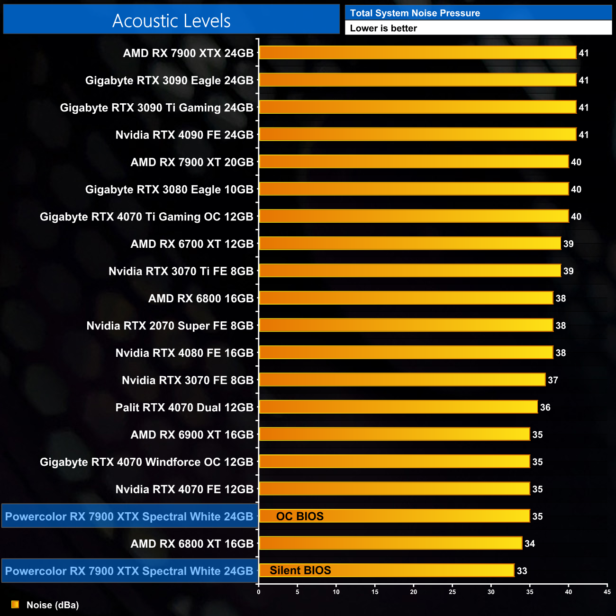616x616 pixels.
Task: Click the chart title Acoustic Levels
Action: point(171,21)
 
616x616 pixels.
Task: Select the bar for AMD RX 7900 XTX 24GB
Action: point(417,53)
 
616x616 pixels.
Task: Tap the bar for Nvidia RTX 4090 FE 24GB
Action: point(417,135)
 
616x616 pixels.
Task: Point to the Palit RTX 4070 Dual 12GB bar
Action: point(398,407)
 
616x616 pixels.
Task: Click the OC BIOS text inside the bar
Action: point(299,516)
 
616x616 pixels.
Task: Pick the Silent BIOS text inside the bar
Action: point(300,571)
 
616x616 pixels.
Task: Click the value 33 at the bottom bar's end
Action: point(522,571)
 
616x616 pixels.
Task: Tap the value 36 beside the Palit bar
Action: point(545,408)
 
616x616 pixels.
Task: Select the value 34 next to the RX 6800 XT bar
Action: point(529,544)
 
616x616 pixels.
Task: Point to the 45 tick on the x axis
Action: point(607,592)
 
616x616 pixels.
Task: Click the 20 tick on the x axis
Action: point(413,592)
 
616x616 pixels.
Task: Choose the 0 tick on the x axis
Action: point(258,592)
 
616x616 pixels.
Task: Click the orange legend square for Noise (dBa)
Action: point(15,605)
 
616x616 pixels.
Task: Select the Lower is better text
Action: point(383,28)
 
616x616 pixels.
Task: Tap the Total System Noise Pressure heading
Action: point(415,13)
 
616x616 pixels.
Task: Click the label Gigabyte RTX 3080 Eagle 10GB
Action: point(169,190)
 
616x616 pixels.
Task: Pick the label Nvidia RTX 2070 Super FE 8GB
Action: point(170,326)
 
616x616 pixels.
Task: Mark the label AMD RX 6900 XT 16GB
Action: point(192,435)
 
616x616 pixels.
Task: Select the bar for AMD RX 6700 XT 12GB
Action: point(410,244)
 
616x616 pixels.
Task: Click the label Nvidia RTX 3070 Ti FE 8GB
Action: point(181,271)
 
